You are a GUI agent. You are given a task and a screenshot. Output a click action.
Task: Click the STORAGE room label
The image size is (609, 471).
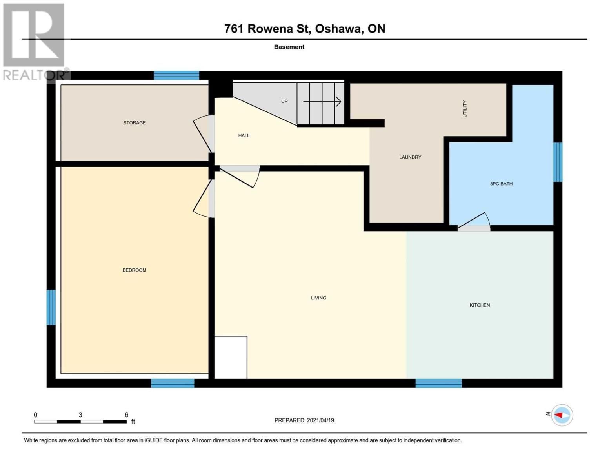(x=134, y=122)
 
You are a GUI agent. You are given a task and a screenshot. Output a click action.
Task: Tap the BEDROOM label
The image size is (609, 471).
(x=134, y=270)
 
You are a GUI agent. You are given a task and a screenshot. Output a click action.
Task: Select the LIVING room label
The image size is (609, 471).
(x=318, y=298)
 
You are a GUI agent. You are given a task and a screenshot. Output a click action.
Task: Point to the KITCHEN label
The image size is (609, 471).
(x=480, y=305)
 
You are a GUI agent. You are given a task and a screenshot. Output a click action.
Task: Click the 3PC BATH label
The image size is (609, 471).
(x=501, y=184)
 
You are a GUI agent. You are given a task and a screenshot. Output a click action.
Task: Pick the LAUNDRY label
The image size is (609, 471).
(x=410, y=157)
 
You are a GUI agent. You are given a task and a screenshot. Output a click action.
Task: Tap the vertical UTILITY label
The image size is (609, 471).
(x=465, y=109)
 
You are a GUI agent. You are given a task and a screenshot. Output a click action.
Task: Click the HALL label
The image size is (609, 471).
(x=244, y=135)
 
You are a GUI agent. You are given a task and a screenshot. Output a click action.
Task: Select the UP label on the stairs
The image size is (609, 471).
(x=284, y=102)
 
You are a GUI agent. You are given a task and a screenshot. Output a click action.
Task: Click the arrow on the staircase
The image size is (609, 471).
(x=322, y=102)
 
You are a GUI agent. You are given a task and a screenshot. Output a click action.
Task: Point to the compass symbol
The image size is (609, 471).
(x=562, y=415)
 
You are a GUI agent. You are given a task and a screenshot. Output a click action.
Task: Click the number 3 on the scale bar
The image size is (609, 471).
(x=80, y=414)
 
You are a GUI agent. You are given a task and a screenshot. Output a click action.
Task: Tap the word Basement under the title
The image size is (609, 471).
(x=289, y=47)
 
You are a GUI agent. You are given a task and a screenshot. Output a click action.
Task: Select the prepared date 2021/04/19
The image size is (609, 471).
(x=320, y=420)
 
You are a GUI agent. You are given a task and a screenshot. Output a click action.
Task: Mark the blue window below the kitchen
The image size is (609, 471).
(x=438, y=383)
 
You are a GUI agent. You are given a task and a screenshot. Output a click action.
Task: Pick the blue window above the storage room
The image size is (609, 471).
(x=176, y=75)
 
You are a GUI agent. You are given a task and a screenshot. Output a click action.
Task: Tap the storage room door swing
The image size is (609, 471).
(x=202, y=133)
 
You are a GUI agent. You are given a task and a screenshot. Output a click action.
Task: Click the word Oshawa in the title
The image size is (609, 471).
(x=338, y=29)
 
